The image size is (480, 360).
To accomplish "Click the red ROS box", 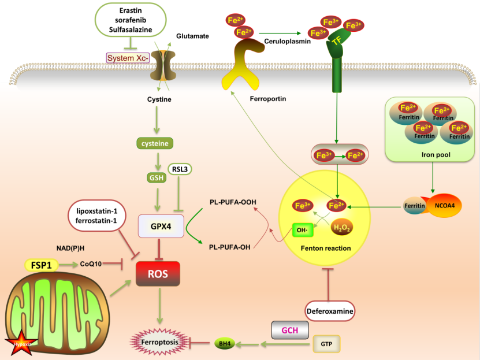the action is pos(158,274).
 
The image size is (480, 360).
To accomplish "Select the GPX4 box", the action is pos(161,226).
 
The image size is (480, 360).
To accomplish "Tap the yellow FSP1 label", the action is pos(42,265).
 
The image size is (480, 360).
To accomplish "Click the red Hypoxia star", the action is pos(21,343).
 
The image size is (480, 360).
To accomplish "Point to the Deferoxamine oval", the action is pos(330,311).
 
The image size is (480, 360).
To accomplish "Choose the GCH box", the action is pos(290,330).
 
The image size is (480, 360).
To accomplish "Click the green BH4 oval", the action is pos(225,343).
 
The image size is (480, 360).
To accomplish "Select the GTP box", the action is pos(326,344).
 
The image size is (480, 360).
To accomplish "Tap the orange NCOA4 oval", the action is pos(443,205).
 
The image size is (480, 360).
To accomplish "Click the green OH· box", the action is pos(303,230).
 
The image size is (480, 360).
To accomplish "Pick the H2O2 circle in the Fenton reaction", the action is pos(341,227).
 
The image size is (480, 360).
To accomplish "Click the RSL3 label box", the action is pos(180,169).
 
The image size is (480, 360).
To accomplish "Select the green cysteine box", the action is pos(155,143).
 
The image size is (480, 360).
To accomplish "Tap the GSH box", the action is pos(157,177).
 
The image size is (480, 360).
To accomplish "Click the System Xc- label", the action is pos(128,58).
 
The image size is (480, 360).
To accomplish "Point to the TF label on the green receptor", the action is pos(337,40).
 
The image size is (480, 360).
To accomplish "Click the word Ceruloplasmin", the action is pos(287,41).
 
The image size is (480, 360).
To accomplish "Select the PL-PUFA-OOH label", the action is pos(233,202).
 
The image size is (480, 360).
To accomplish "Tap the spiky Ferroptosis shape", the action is pos(159,342).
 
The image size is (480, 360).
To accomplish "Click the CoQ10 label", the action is pos(91,264).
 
